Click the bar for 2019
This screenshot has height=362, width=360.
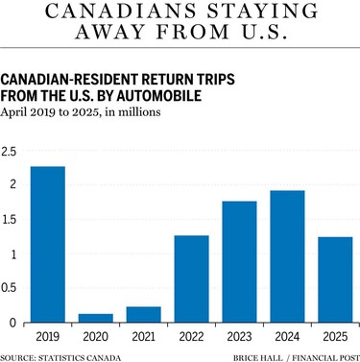pyautogui.click(x=47, y=245)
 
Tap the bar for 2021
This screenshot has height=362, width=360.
pyautogui.click(x=143, y=315)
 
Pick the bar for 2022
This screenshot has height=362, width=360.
pyautogui.click(x=191, y=279)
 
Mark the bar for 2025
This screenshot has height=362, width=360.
pyautogui.click(x=334, y=279)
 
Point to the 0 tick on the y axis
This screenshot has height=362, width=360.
pyautogui.click(x=14, y=323)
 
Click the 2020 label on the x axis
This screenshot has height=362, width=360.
pyautogui.click(x=95, y=339)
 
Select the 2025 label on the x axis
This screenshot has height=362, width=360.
pyautogui.click(x=334, y=339)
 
